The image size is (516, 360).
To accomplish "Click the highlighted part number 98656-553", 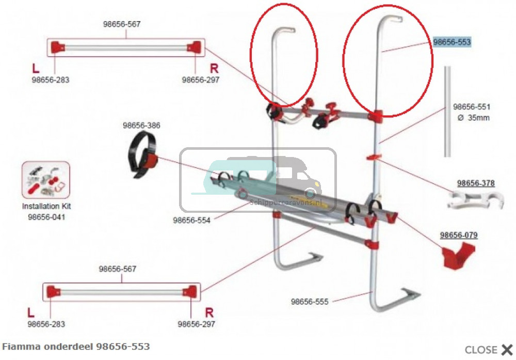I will (452, 42).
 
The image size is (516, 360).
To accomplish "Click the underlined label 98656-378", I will (476, 183).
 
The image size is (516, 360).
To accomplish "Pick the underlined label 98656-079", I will (459, 235).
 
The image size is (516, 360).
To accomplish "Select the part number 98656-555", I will (310, 302).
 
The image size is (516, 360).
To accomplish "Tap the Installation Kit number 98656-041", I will (46, 217).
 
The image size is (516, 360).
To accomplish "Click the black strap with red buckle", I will (142, 156).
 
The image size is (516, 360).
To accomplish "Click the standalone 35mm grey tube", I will (447, 111).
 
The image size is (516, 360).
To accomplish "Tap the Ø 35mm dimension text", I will (474, 118).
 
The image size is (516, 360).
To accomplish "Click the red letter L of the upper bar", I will (36, 68).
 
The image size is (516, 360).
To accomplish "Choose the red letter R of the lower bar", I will (209, 312).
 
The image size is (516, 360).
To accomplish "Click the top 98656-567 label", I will (122, 24).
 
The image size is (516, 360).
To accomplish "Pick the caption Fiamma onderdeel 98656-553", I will (76, 346).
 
